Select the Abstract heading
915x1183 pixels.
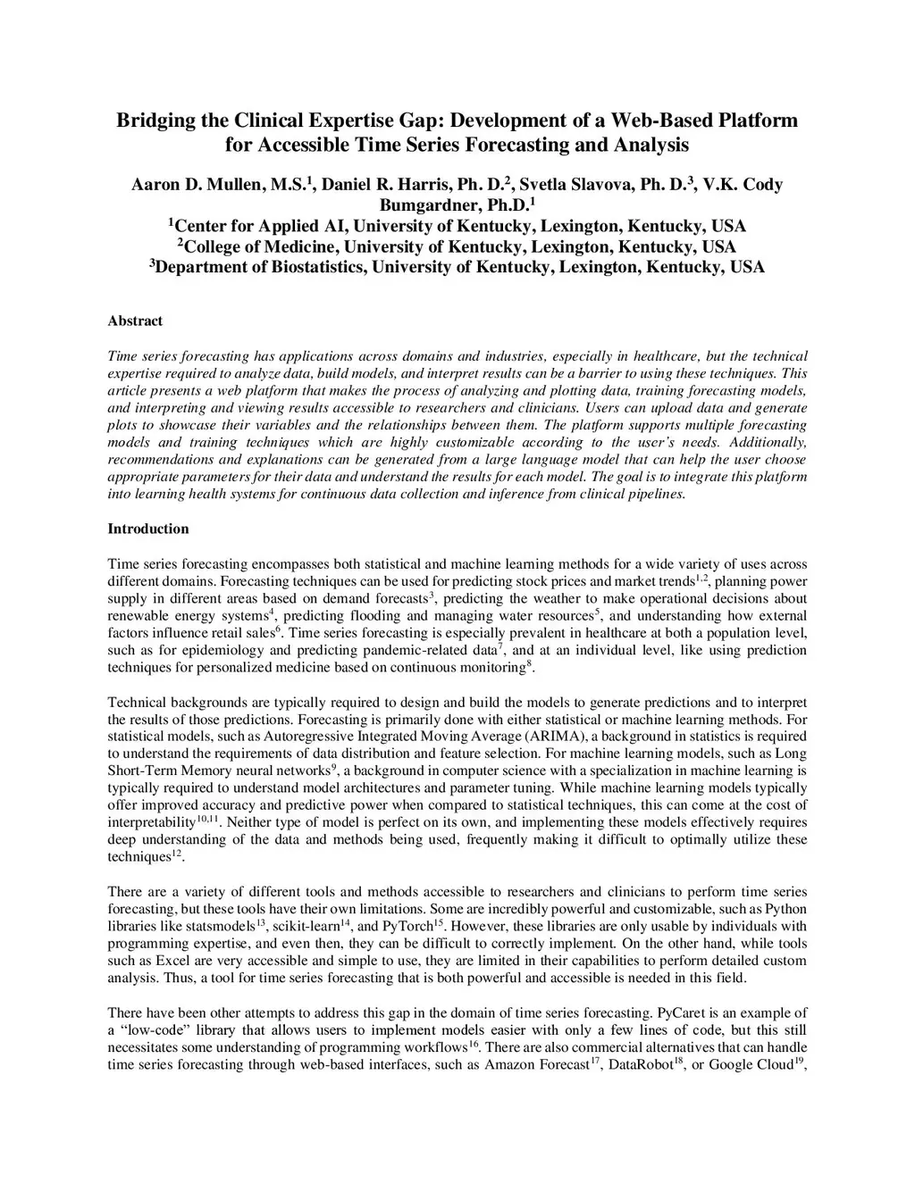(135, 321)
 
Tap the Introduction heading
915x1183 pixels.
(148, 529)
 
